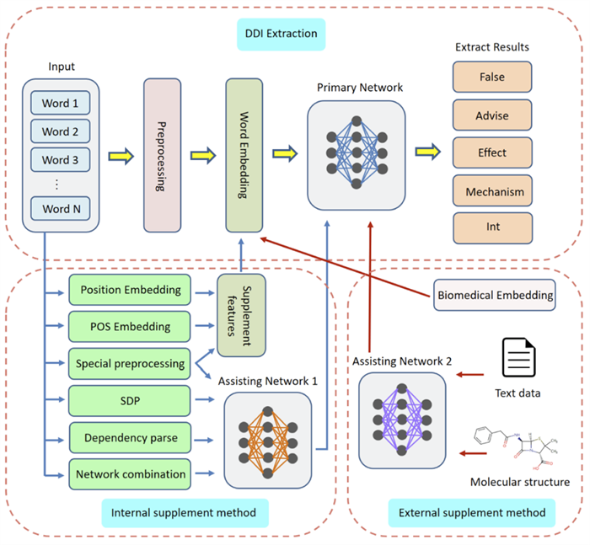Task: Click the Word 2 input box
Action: point(60,131)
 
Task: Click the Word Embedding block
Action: point(245,155)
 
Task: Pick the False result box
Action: point(492,77)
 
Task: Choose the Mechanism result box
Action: point(492,191)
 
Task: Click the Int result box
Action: point(492,227)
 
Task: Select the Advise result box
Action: point(492,115)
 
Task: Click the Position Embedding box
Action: point(131,290)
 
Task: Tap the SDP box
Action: point(131,400)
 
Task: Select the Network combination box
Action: point(131,473)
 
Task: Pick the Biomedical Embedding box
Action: point(496,295)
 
